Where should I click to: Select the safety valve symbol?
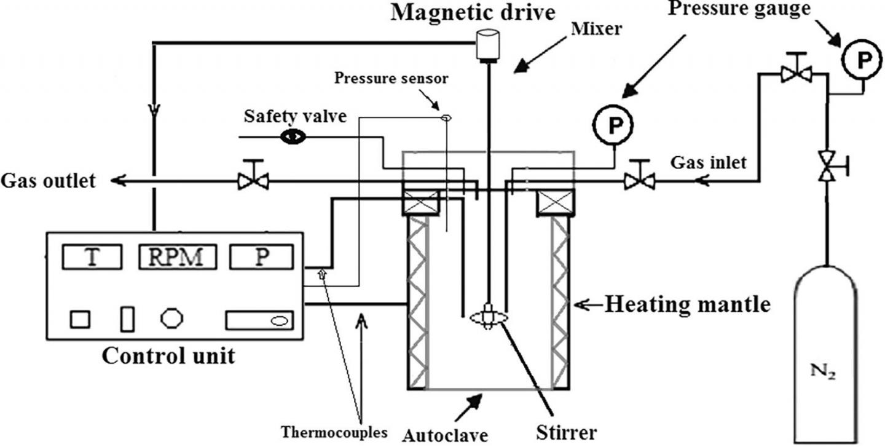coord(293,136)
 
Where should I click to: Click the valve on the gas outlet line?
coord(253,181)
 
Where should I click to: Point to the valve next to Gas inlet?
coord(639,181)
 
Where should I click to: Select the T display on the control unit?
coord(92,256)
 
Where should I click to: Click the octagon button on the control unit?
coord(171,318)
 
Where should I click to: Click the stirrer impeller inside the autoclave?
coord(489,317)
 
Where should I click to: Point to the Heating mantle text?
coord(687,304)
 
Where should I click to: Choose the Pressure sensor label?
coord(391,79)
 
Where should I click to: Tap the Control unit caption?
coord(168,356)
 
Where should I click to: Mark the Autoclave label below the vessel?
coord(445,435)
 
